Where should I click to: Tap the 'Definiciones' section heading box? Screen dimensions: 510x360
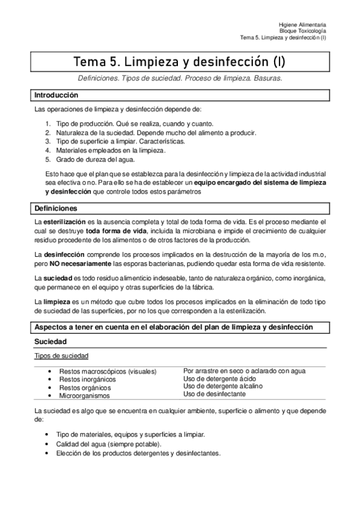click(55, 209)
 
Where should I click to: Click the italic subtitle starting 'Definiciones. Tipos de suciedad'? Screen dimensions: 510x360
click(180, 78)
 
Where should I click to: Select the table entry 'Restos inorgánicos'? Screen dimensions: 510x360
click(87, 379)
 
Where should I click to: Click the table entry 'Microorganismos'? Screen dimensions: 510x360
click(85, 396)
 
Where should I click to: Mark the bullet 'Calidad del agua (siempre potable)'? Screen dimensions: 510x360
click(104, 443)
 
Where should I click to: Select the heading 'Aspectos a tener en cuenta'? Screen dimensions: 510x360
click(174, 327)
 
